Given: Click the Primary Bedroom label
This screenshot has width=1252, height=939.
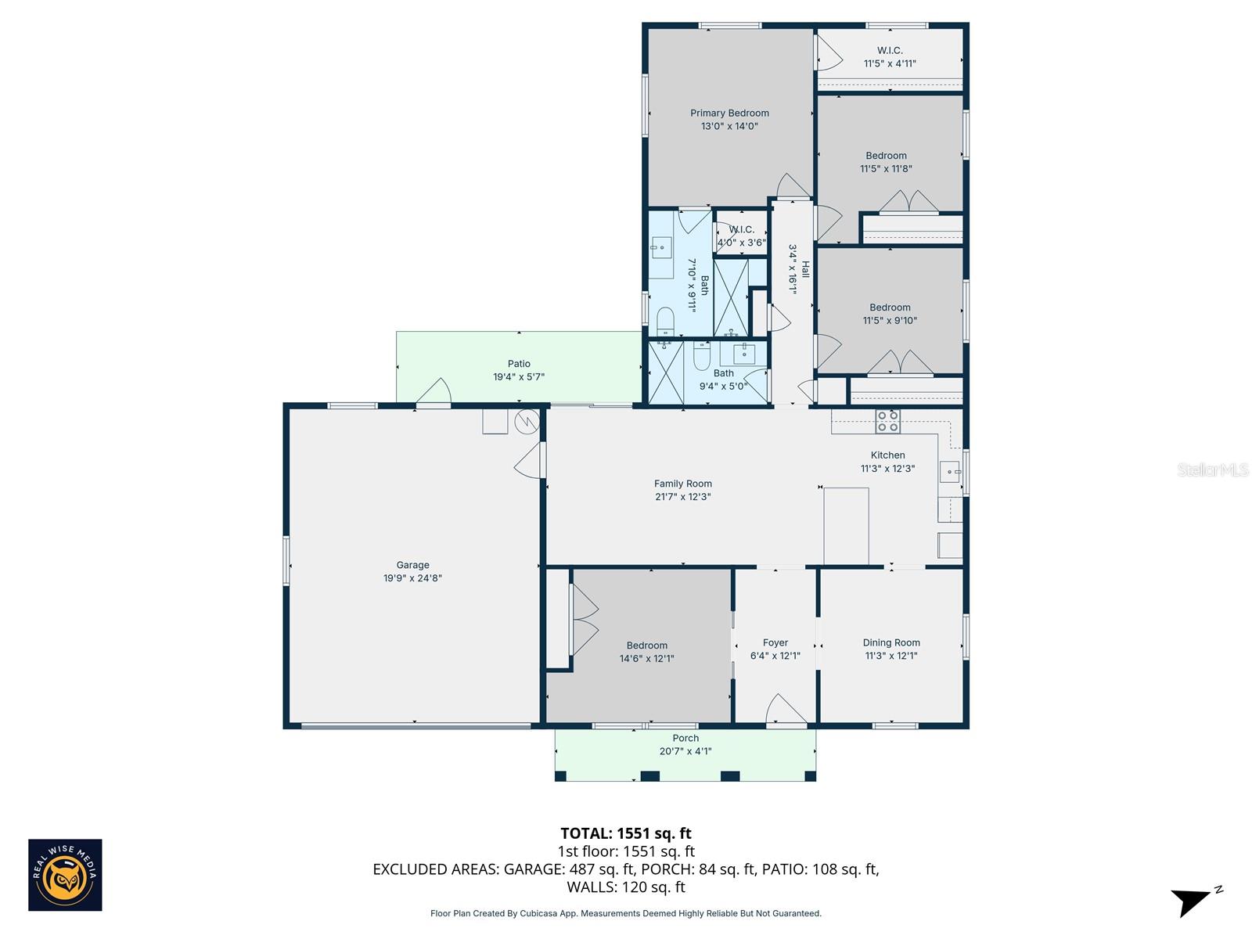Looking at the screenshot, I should coord(729,113).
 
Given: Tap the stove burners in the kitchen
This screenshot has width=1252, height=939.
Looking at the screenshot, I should coord(887,421).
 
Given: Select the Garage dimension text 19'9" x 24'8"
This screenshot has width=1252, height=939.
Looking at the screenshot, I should coord(412,578).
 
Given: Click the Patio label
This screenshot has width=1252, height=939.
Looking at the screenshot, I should coord(519,363).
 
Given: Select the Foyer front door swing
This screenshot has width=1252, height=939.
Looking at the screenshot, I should coord(785,710).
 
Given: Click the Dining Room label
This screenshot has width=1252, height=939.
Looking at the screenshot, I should coord(891,642).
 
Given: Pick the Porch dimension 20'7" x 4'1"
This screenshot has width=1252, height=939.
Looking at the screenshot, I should coord(685,751).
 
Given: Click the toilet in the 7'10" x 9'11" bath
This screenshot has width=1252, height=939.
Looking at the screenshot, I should coord(665,321).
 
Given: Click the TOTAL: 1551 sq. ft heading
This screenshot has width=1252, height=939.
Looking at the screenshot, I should coord(626,833).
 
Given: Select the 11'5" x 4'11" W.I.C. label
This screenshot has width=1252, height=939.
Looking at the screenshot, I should coord(890,56).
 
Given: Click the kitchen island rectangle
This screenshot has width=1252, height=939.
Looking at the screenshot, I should coord(846,526).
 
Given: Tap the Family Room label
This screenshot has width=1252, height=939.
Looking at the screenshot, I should coord(683,484).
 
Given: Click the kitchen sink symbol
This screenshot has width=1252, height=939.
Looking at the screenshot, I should coord(950,472).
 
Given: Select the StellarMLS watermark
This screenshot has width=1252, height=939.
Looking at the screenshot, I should coord(1212,469).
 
